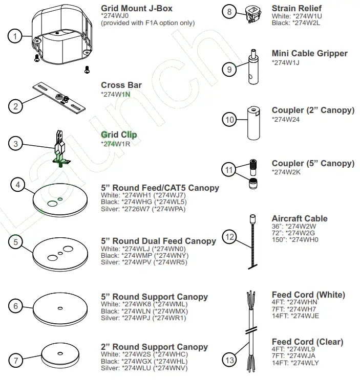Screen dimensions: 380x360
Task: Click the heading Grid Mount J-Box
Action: click(x=136, y=8)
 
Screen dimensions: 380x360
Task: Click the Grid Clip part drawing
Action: click(x=60, y=148)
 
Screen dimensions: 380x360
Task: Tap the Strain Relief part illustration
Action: click(x=252, y=14)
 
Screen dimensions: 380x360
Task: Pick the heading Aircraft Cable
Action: click(x=299, y=218)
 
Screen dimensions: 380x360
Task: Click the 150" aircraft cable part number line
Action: click(x=294, y=239)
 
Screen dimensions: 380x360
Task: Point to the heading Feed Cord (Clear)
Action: click(x=307, y=342)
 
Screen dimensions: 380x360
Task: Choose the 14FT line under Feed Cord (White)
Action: click(x=295, y=316)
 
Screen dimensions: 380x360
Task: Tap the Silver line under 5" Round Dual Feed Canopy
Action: click(x=144, y=262)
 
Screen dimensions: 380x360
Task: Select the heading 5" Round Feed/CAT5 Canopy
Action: click(x=160, y=188)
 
